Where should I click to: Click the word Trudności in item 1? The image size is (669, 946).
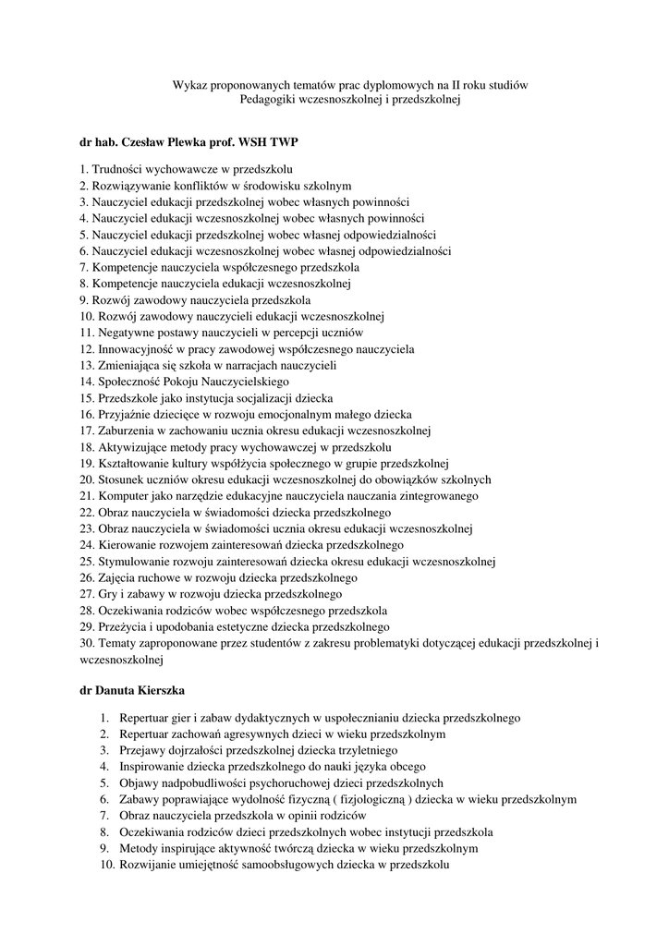[x=117, y=169]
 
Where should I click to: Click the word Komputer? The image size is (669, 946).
[x=123, y=496]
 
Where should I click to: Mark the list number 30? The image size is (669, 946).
[x=86, y=642]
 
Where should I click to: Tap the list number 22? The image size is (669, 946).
[x=86, y=512]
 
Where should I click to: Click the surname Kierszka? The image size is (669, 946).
[x=161, y=690]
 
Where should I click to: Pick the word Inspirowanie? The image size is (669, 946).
[x=151, y=766]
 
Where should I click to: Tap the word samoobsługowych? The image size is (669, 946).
[x=273, y=864]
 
